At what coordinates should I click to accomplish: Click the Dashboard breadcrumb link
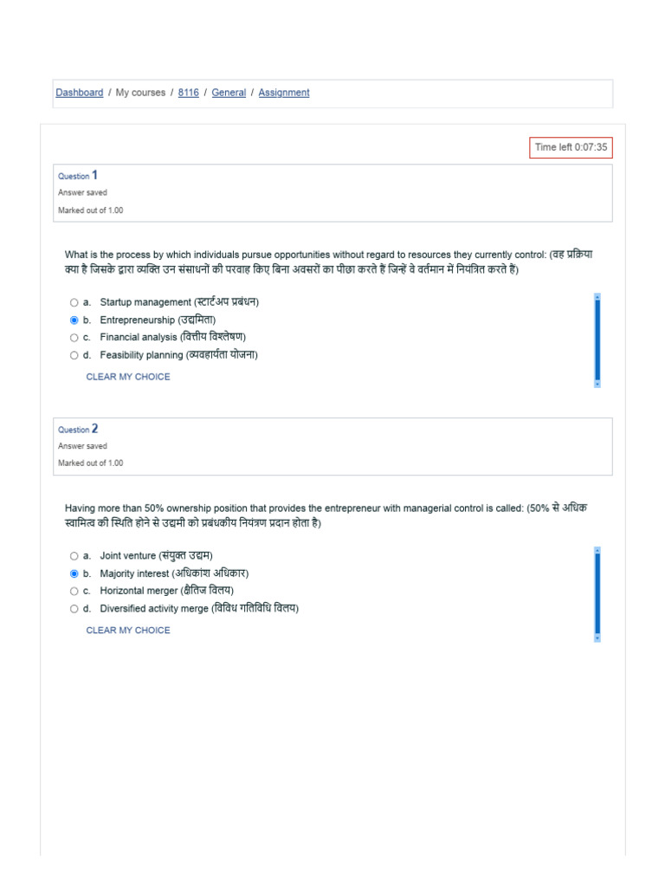(79, 93)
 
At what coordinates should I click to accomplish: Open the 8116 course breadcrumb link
(188, 93)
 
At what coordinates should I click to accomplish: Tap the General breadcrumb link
(229, 93)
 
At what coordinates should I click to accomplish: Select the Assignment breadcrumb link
(284, 93)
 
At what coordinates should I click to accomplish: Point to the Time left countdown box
(571, 147)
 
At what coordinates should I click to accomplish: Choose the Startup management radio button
(74, 302)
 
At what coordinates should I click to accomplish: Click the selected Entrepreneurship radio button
(74, 320)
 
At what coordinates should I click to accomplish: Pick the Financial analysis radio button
(74, 337)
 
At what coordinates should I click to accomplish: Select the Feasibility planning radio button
(74, 355)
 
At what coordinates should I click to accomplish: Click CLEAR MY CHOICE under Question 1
(128, 377)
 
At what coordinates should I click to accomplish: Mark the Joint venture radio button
(74, 556)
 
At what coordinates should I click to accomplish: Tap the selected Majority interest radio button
(74, 573)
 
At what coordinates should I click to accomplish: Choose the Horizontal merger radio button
(74, 591)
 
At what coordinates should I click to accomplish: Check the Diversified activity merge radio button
(74, 609)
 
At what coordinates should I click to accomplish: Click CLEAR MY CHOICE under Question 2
(128, 631)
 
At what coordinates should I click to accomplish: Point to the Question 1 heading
(78, 175)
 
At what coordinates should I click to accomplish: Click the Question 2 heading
(78, 429)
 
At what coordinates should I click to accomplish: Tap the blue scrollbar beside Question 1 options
(597, 340)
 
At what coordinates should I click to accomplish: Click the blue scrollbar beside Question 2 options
(597, 593)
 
